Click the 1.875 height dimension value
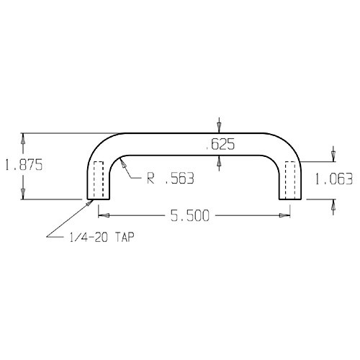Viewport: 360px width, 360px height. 24,165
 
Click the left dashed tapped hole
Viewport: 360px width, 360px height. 99,180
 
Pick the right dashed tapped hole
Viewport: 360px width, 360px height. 290,180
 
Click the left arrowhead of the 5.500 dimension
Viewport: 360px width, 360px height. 102,215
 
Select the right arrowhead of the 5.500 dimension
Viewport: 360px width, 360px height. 286,215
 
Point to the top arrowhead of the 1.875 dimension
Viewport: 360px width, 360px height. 24,137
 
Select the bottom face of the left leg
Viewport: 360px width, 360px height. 99,199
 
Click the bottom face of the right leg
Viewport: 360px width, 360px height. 290,199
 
